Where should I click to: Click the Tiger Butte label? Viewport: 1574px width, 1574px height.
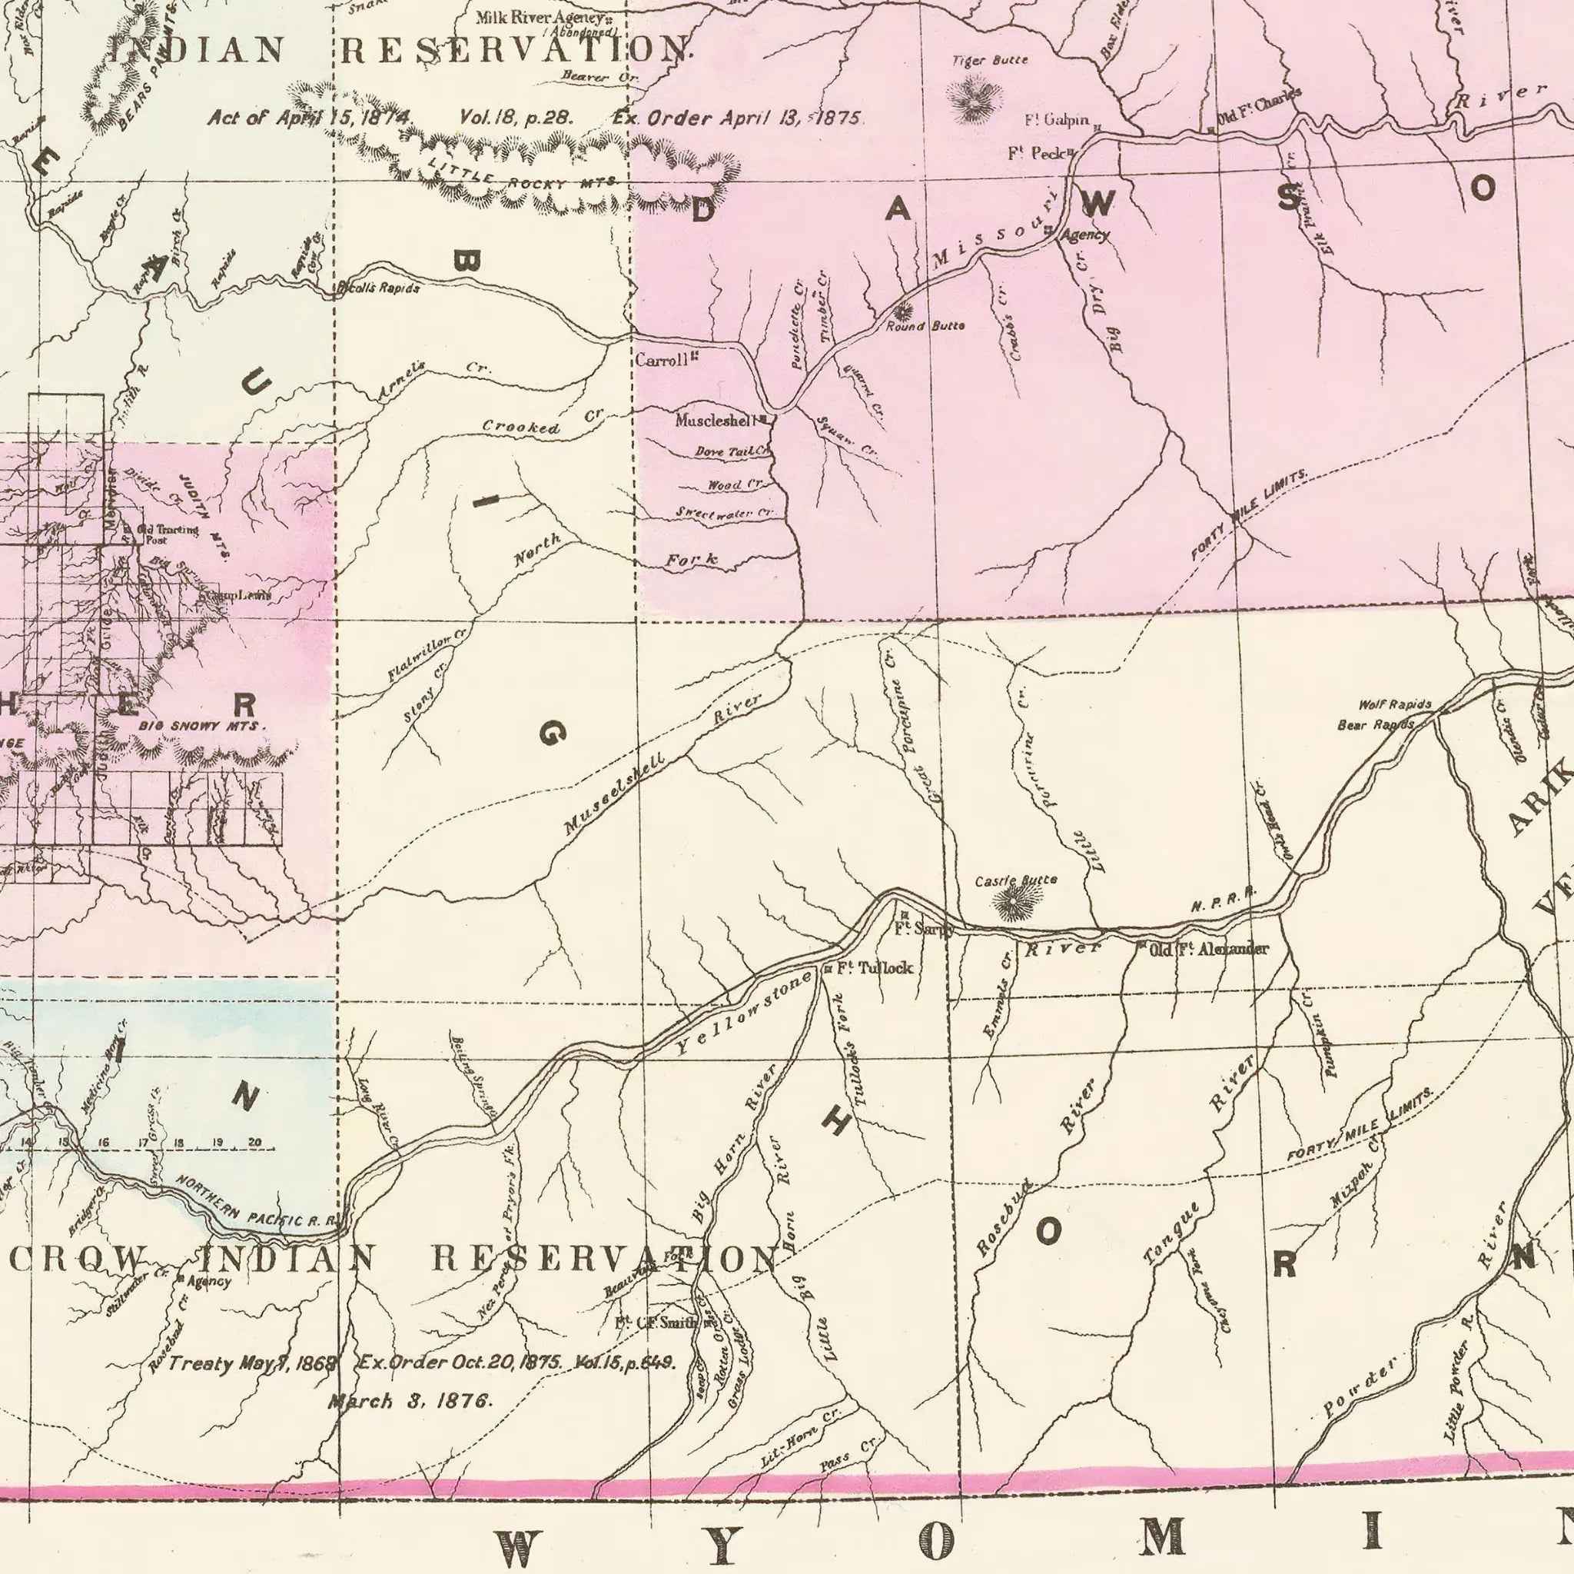990,60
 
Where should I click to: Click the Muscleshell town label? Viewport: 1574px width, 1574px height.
716,421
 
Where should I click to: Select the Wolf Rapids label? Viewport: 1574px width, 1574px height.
1395,704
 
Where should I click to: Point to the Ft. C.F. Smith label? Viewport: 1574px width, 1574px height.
666,1321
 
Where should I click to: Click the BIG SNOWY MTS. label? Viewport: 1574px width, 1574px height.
201,724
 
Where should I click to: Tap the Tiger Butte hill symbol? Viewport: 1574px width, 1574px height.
969,95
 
